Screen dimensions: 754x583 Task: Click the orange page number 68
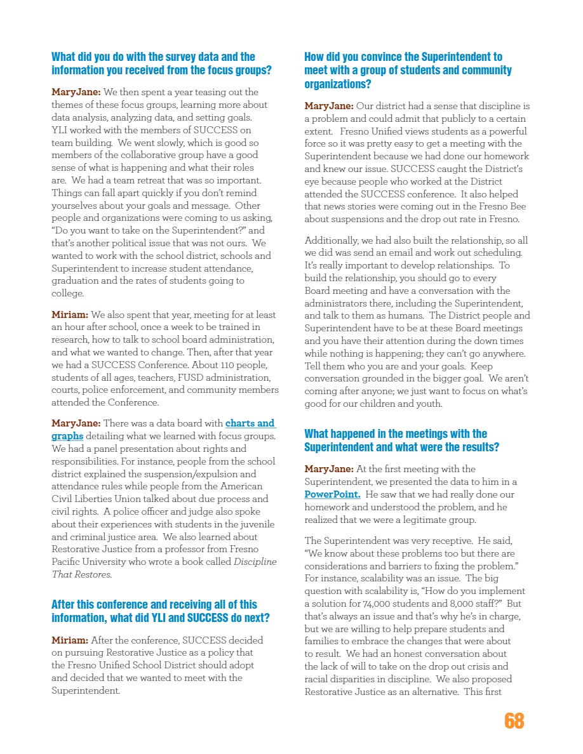514,721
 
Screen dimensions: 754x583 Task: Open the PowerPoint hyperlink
333,494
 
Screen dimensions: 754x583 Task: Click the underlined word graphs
67,436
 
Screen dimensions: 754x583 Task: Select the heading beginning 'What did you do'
161,63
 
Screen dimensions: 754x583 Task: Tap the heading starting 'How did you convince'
408,70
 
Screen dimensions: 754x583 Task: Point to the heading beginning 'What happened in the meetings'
401,440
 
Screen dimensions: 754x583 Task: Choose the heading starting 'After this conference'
160,611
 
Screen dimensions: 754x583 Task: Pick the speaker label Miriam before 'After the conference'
69,640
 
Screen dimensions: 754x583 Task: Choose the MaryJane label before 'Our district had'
329,106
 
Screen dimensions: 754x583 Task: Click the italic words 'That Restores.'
82,574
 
